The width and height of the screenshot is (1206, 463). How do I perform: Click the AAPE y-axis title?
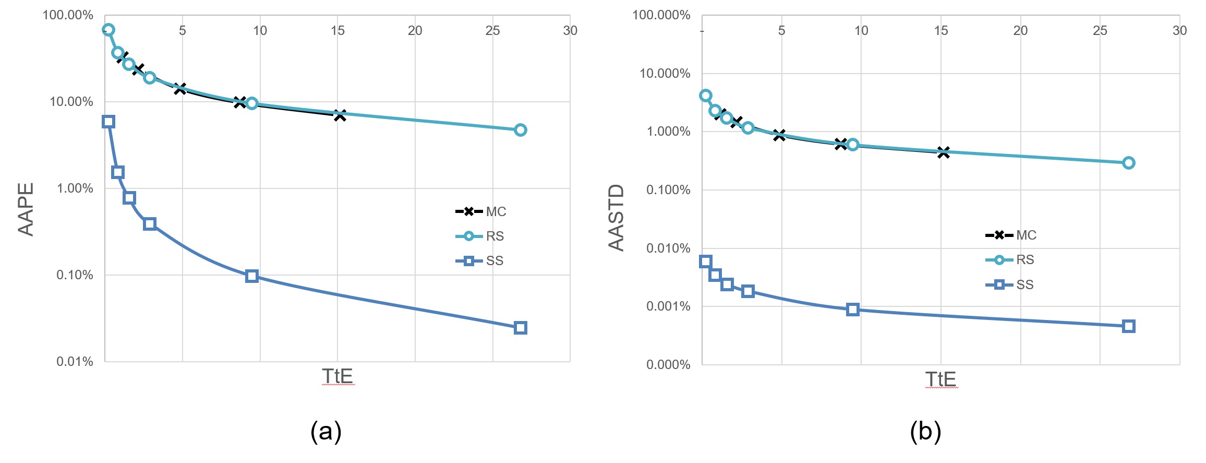tap(26, 209)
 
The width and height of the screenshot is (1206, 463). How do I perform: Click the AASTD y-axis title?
tap(617, 218)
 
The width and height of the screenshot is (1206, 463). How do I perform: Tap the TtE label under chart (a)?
tap(337, 376)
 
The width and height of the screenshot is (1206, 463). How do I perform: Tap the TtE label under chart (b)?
tap(940, 379)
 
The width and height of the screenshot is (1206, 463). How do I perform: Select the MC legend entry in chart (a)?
tap(480, 211)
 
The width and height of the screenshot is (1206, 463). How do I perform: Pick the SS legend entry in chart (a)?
tap(479, 260)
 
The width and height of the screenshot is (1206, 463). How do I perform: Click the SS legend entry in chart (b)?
tap(1009, 284)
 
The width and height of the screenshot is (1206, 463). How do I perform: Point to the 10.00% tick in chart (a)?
tap(71, 101)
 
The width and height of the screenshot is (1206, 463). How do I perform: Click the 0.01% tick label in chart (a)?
tap(75, 361)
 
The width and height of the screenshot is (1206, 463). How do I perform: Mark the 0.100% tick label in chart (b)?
tap(668, 189)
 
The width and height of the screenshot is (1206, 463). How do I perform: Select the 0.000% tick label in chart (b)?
tap(668, 364)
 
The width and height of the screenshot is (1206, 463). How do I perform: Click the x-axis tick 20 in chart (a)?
tap(415, 30)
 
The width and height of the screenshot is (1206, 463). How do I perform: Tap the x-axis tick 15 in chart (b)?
tap(941, 30)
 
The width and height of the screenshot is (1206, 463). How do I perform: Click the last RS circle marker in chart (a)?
tap(520, 130)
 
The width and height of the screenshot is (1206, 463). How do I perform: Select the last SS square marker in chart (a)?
tap(520, 328)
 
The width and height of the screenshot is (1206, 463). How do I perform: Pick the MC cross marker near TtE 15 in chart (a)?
tap(340, 115)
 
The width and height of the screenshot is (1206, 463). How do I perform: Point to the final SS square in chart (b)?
tap(1129, 326)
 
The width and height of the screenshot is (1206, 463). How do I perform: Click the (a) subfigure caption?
tap(326, 432)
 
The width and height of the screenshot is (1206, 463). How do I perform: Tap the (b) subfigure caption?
tap(925, 432)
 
